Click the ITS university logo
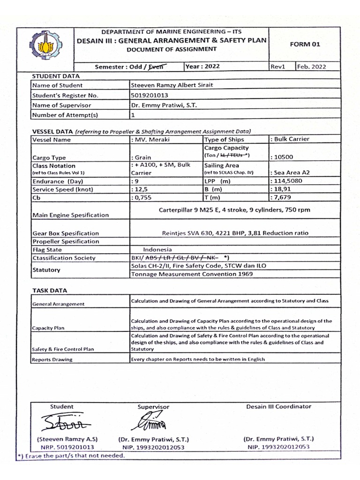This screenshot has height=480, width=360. pyautogui.click(x=45, y=45)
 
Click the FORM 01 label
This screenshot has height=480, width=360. pyautogui.click(x=305, y=44)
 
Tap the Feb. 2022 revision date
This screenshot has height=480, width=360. pyautogui.click(x=311, y=67)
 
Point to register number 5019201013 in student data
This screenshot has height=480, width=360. pyautogui.click(x=150, y=95)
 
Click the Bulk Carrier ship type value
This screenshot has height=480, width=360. pyautogui.click(x=290, y=139)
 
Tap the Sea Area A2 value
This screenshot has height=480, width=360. pyautogui.click(x=290, y=172)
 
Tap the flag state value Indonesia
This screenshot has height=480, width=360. pyautogui.click(x=157, y=250)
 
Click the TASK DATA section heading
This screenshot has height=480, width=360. pyautogui.click(x=50, y=291)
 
